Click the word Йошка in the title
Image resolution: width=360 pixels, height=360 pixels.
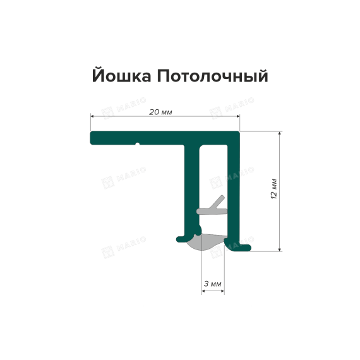(x=121, y=75)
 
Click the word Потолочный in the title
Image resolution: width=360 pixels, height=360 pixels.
(x=213, y=76)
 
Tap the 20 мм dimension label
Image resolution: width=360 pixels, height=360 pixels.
(x=160, y=112)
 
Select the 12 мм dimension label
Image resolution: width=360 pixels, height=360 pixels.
(x=274, y=188)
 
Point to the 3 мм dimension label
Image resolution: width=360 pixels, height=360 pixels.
(x=212, y=284)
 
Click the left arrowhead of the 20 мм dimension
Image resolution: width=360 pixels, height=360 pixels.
(x=92, y=116)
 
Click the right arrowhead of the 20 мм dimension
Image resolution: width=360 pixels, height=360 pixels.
(x=238, y=116)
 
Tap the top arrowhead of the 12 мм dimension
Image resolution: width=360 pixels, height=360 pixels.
(x=279, y=133)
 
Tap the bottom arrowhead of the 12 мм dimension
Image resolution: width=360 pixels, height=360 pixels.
(x=279, y=249)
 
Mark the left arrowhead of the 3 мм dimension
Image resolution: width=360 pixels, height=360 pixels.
(x=203, y=291)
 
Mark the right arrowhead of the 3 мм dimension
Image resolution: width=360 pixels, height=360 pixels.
(x=222, y=291)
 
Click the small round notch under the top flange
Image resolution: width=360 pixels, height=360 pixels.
(x=138, y=145)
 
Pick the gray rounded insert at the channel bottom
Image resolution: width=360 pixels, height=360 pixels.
(x=206, y=243)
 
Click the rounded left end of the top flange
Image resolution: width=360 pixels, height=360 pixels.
(x=92, y=138)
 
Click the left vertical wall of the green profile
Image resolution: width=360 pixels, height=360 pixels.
(x=192, y=191)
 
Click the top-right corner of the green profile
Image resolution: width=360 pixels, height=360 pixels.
(x=239, y=132)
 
